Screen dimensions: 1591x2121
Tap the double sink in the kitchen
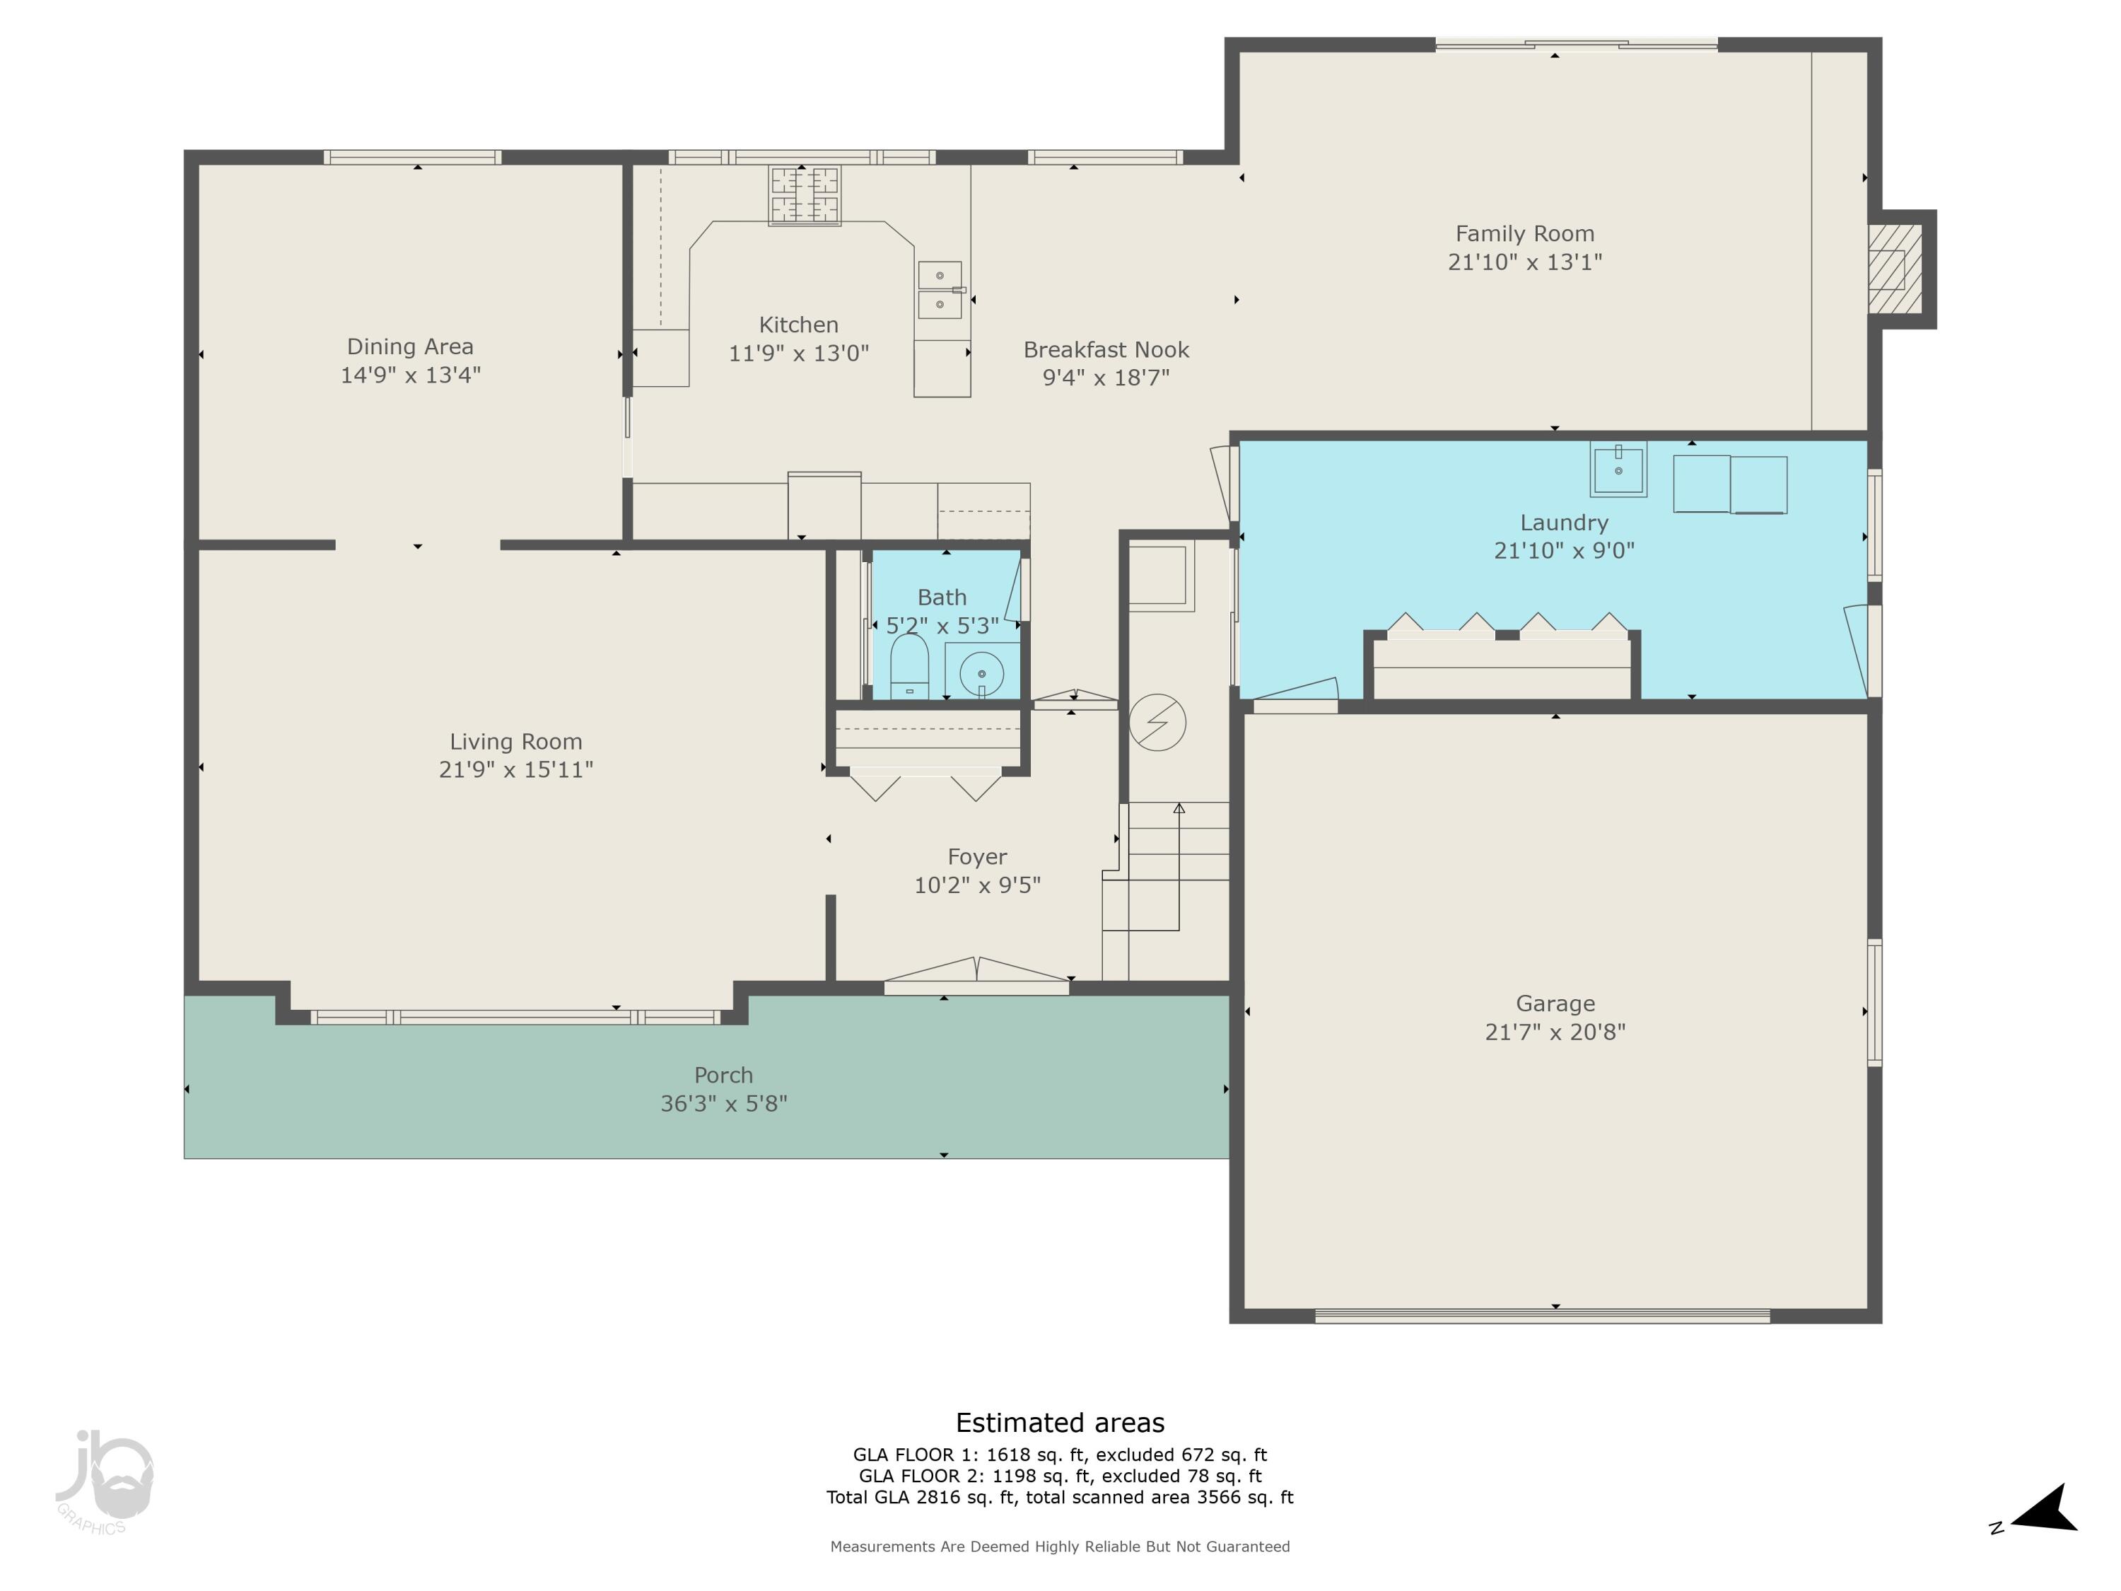[x=940, y=290]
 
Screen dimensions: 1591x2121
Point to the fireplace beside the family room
[x=1895, y=269]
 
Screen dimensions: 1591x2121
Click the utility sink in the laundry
[x=1618, y=469]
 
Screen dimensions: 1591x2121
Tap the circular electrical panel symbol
[x=1157, y=722]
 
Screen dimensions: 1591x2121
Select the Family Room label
[x=1524, y=233]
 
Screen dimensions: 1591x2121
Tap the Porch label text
[x=723, y=1075]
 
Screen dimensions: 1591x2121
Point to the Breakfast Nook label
[x=1106, y=350]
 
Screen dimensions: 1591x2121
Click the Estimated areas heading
[x=1060, y=1422]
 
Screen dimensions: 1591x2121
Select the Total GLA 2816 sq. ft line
[x=1060, y=1497]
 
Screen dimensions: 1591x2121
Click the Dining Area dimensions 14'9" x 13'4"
[x=410, y=375]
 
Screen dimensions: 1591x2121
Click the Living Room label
[x=516, y=741]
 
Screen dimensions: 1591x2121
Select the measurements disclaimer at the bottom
[x=1060, y=1546]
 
